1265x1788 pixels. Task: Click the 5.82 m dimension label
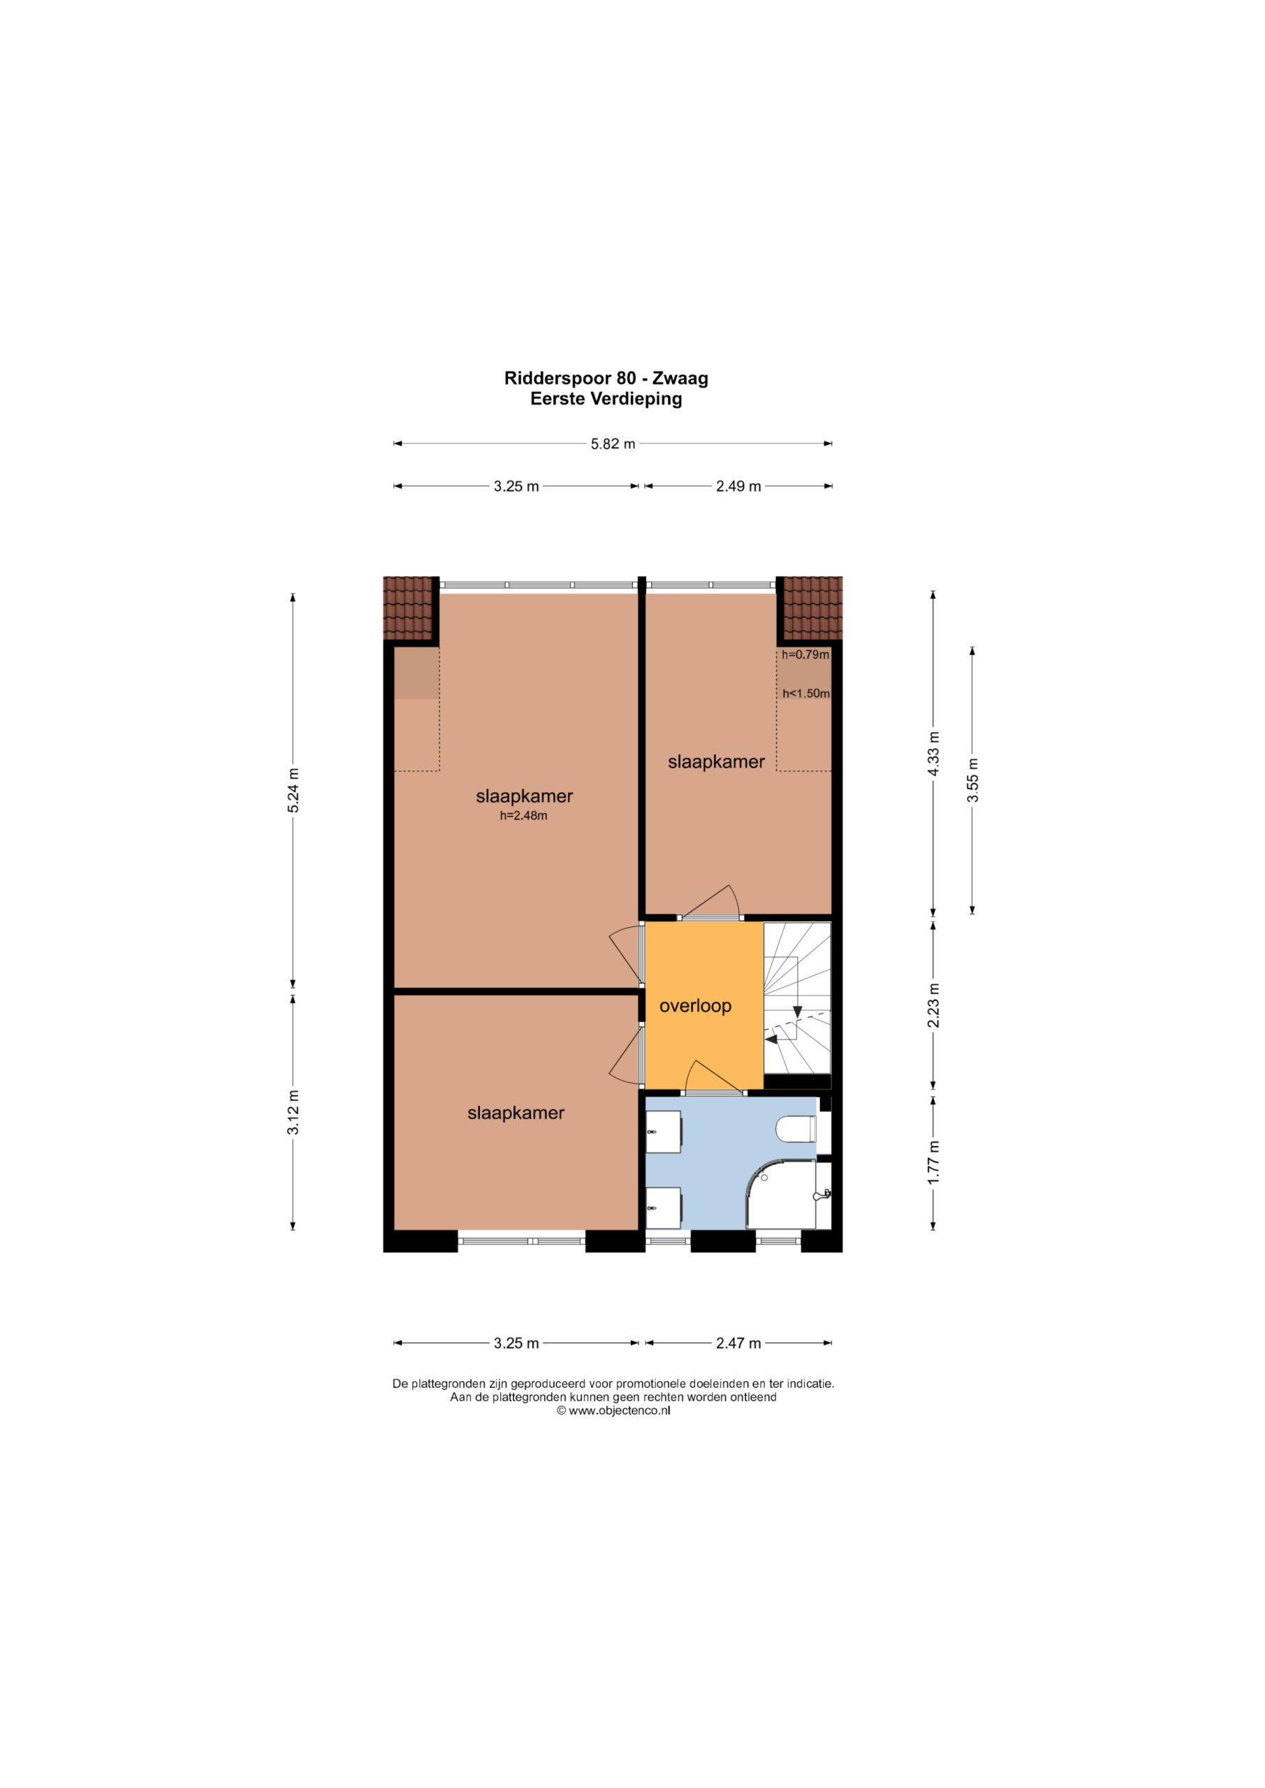click(613, 444)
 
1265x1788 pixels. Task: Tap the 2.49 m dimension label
click(738, 487)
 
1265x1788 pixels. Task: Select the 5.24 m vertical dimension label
click(293, 791)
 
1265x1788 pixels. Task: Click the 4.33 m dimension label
click(934, 754)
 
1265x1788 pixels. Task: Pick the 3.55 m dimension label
click(972, 779)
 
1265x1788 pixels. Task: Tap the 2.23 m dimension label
click(934, 1005)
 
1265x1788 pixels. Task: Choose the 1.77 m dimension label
click(934, 1163)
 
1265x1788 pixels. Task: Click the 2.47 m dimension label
click(738, 1343)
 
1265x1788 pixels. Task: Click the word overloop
click(696, 1006)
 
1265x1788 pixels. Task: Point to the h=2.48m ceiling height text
click(523, 816)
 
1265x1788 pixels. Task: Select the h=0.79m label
click(805, 655)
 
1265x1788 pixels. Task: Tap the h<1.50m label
click(806, 693)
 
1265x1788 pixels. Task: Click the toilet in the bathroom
click(796, 1129)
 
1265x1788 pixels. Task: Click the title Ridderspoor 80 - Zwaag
click(606, 379)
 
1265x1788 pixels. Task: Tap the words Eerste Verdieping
click(606, 399)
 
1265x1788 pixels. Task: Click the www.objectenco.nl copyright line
click(613, 1410)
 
